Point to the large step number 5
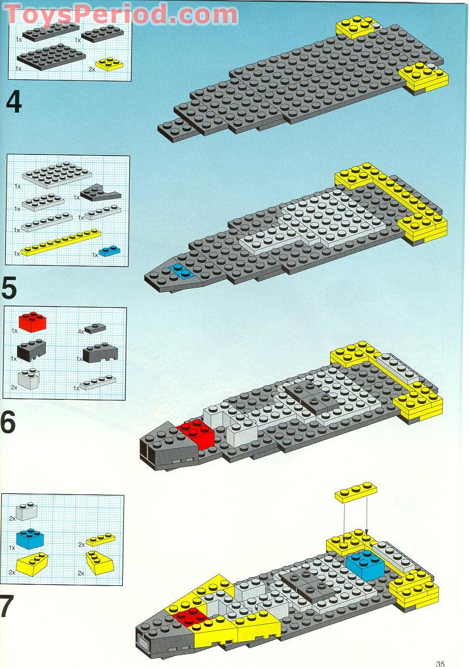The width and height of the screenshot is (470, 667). pos(10,288)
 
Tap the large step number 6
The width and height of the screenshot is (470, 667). pos(8,422)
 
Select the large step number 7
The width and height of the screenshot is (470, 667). pos(7,607)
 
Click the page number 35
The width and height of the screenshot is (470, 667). pos(440,663)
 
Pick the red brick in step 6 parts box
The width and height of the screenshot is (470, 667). pos(33,322)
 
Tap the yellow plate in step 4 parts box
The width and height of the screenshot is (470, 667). pos(109,63)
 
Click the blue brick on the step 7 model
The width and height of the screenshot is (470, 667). pos(365,564)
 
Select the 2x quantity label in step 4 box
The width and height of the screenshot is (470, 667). pos(92,69)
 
